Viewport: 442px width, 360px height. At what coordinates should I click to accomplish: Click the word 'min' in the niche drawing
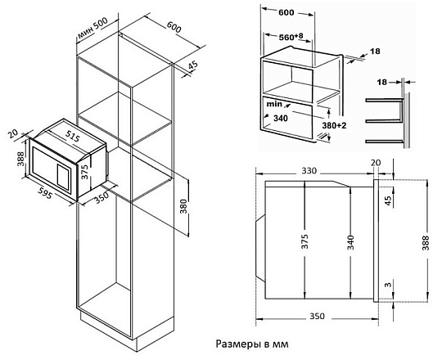(x=273, y=106)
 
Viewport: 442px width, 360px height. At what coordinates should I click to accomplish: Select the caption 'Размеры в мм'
(x=253, y=344)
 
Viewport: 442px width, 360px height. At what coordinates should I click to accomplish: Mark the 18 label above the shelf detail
(x=380, y=82)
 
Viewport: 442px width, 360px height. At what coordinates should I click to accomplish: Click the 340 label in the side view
(x=349, y=243)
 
